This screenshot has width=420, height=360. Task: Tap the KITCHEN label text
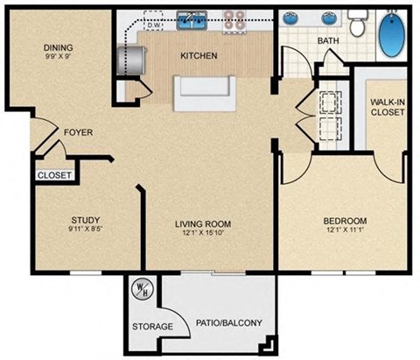pos(199,56)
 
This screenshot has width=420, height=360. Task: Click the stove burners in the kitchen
pos(234,18)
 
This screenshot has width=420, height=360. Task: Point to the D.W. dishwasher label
pos(154,26)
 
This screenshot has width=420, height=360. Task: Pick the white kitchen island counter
pos(206,94)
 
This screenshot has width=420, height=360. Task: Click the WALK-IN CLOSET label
pos(386,107)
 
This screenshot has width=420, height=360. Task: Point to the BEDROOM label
pos(345,221)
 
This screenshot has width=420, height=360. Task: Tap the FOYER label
pos(78,132)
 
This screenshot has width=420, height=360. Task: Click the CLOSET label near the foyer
pos(54,175)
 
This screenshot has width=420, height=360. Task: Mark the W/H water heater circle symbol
pos(141,286)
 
